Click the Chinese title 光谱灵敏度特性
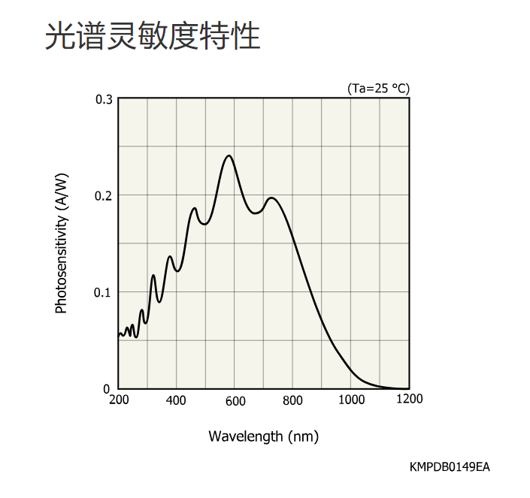click(x=153, y=36)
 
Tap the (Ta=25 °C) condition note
click(x=378, y=89)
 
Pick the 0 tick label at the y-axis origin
click(x=107, y=388)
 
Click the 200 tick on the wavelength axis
click(x=119, y=400)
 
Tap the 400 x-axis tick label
click(x=176, y=400)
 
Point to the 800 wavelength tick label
click(x=292, y=400)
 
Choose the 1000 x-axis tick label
click(x=351, y=400)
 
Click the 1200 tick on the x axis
click(x=409, y=399)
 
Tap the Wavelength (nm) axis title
click(x=263, y=436)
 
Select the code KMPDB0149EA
click(x=450, y=467)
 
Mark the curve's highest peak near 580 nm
click(x=229, y=155)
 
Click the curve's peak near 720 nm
click(x=271, y=198)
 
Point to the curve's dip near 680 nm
click(x=256, y=213)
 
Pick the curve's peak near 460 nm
click(x=195, y=208)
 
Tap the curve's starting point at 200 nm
click(x=119, y=334)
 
